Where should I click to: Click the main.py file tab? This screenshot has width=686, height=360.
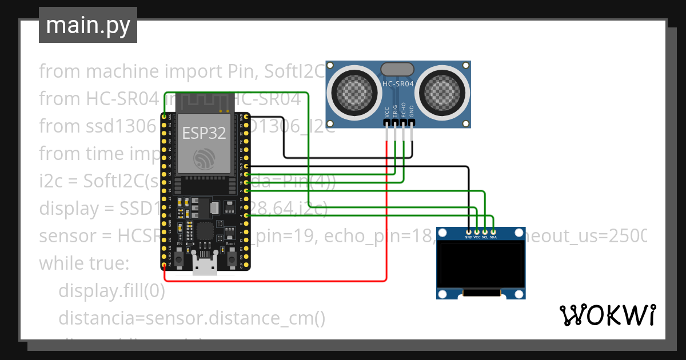click(x=87, y=25)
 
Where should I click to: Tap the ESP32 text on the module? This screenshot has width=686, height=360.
click(x=204, y=133)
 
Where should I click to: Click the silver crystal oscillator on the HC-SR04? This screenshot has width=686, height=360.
click(x=397, y=69)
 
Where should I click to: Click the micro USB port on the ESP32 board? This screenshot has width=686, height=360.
click(x=205, y=267)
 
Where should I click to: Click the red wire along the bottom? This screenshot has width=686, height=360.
click(x=274, y=281)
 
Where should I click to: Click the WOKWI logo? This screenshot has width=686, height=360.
click(x=607, y=315)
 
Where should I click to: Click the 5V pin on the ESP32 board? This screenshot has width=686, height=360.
click(x=165, y=264)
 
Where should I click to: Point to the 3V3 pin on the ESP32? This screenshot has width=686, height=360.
click(x=165, y=117)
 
